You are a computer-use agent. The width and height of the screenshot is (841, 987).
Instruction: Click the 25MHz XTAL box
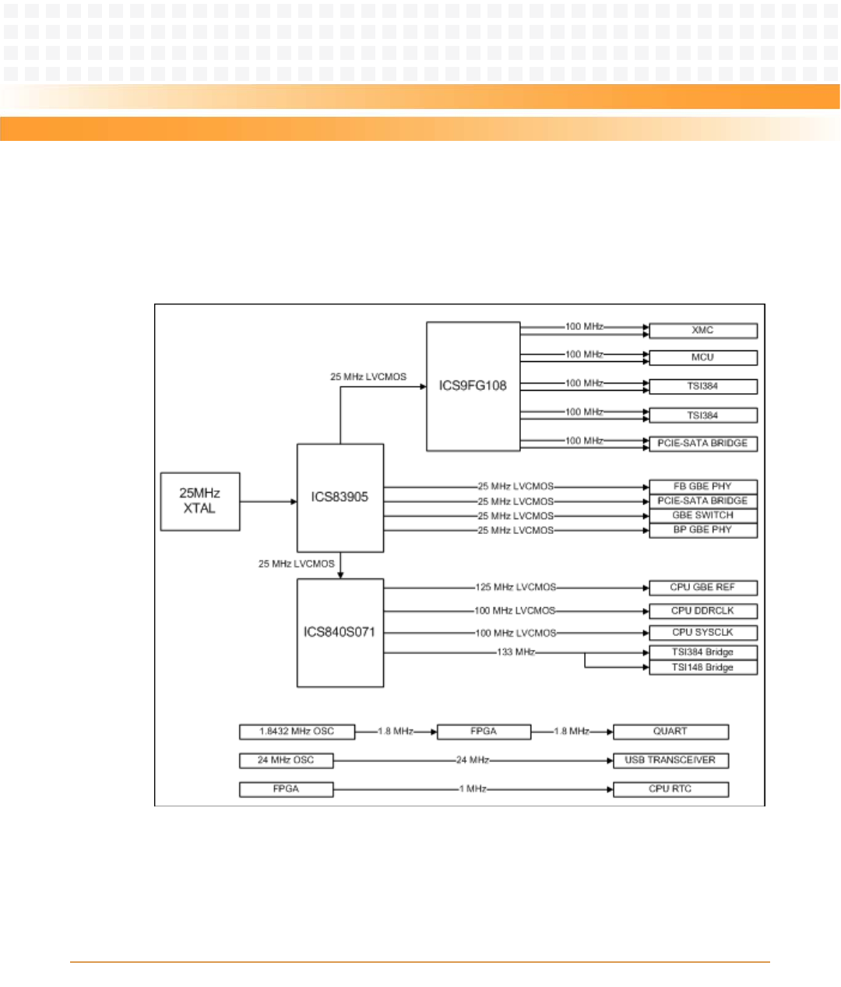point(200,501)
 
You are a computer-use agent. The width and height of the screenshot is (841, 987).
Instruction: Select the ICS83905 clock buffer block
point(340,497)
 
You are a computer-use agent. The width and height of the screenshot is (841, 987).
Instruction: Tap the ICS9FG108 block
point(473,386)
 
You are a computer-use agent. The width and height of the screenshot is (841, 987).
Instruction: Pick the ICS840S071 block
point(340,632)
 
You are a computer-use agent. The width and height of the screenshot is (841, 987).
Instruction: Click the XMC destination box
point(702,331)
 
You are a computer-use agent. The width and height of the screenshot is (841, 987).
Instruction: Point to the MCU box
point(702,357)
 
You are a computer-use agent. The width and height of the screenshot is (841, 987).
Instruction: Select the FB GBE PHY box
point(702,486)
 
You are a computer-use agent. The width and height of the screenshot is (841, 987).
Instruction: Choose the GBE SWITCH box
point(702,515)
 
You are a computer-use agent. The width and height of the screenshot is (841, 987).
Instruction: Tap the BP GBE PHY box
point(702,530)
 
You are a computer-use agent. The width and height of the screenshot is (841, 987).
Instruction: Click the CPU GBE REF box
point(702,588)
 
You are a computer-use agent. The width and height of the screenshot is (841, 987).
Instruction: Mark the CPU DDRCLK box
point(702,611)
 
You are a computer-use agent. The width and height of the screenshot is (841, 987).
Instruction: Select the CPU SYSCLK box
point(702,633)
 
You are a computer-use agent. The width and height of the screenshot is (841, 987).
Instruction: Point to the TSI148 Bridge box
point(702,668)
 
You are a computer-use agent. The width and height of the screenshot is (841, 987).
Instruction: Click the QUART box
point(670,732)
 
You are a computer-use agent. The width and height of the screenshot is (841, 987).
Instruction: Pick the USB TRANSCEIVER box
point(670,760)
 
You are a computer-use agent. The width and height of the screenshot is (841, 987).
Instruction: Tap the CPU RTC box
point(670,789)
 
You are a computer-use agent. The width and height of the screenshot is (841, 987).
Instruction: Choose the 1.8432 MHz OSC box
point(297,732)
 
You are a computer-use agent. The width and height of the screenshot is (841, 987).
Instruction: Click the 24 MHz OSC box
point(286,760)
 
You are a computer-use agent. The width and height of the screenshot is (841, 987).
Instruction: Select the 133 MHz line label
point(516,652)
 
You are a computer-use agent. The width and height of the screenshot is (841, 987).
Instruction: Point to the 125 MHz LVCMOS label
point(516,588)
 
